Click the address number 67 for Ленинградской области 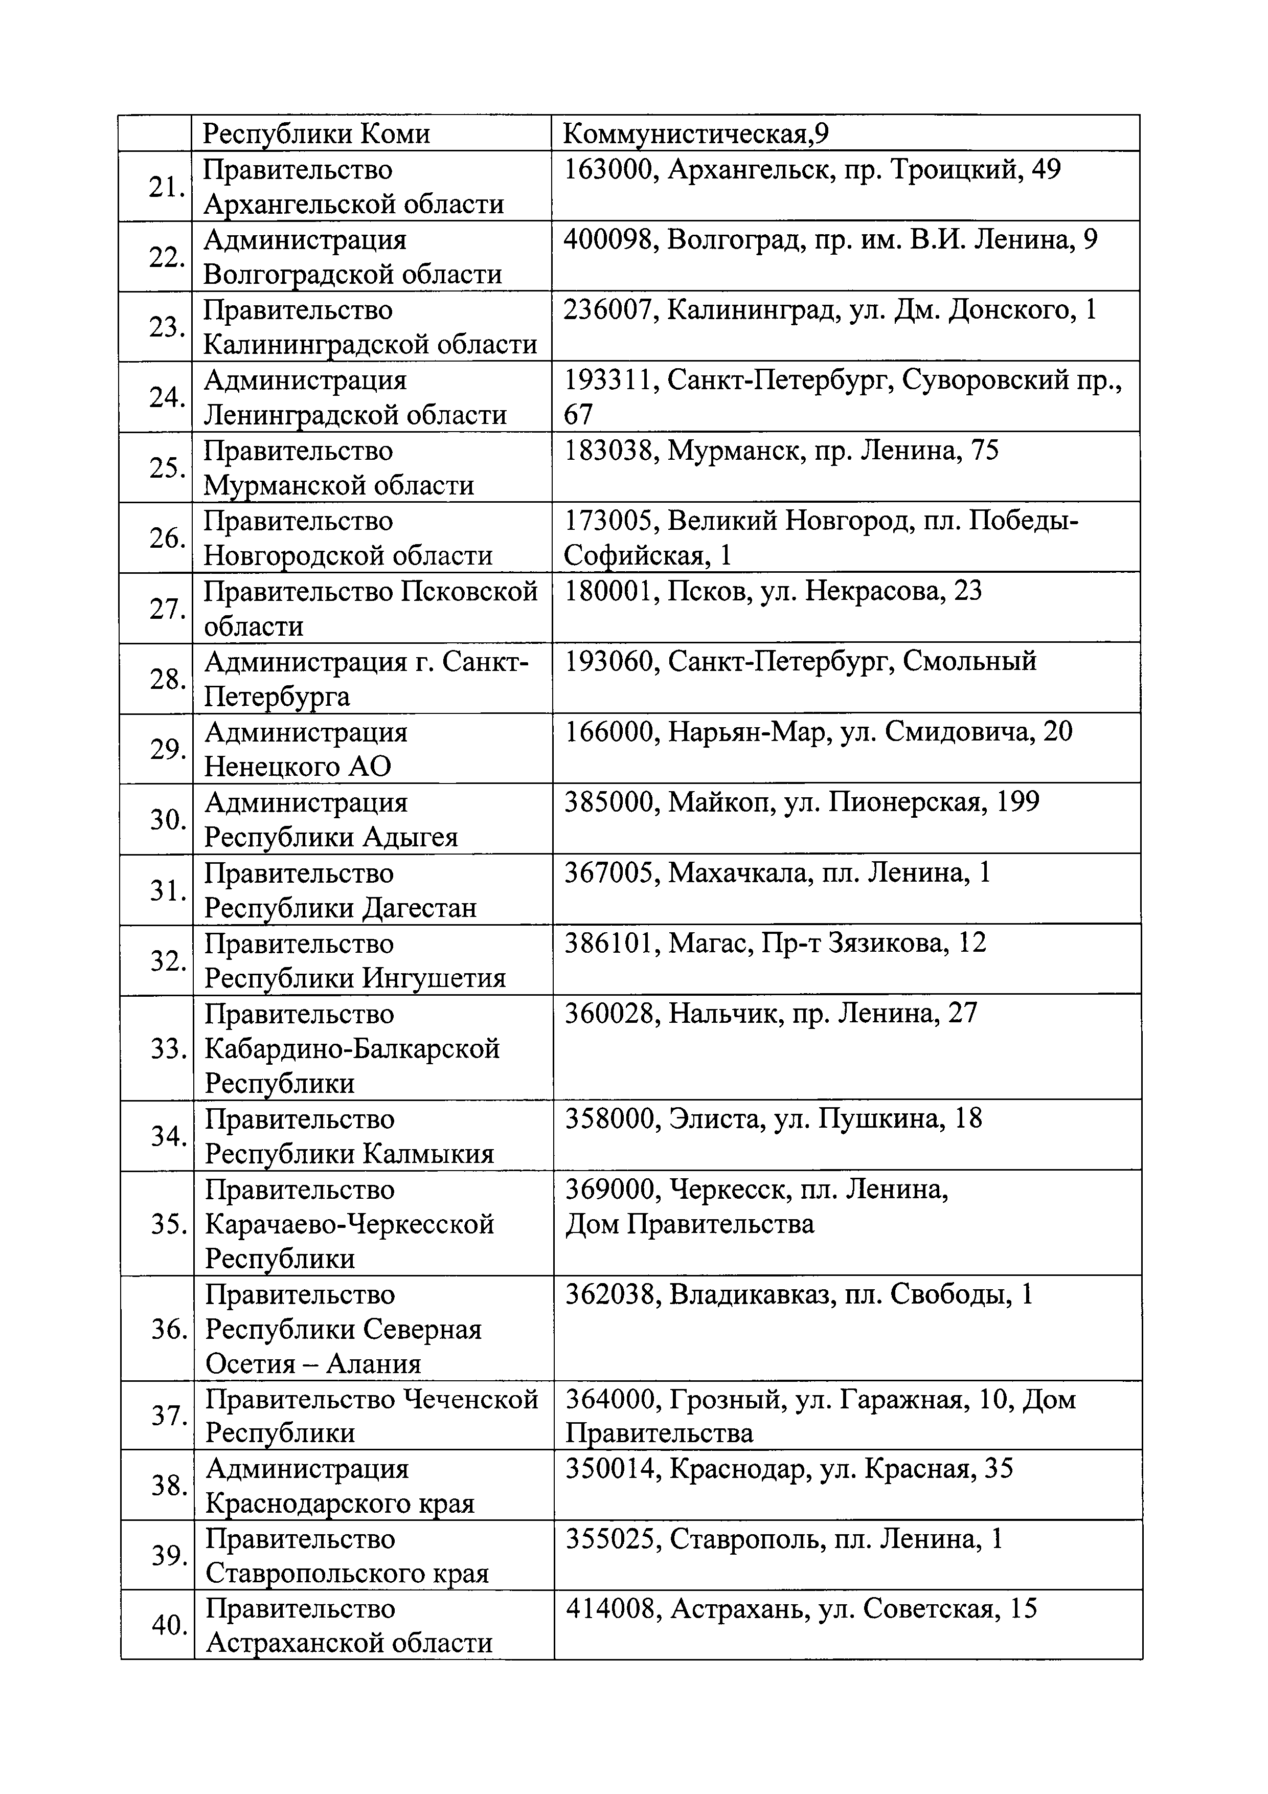[x=578, y=415]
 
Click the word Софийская [x=633, y=555]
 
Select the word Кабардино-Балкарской [x=352, y=1048]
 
